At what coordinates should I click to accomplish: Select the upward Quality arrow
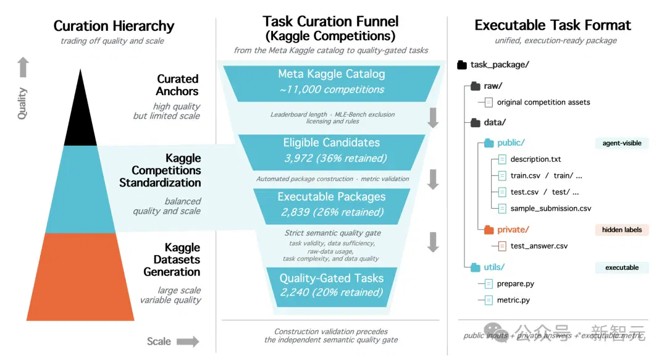coord(23,67)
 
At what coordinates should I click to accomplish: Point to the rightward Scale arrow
coord(188,341)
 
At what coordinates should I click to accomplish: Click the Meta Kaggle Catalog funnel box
coord(332,83)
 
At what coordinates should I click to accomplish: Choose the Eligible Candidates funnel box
coord(332,153)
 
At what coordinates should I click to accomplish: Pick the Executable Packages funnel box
coord(332,206)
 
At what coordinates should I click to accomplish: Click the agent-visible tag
coord(621,143)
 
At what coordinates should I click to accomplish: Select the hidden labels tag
coord(621,230)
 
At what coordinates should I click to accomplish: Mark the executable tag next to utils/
coord(621,267)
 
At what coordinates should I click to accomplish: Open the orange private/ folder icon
coord(489,230)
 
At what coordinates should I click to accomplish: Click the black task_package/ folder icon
coord(462,65)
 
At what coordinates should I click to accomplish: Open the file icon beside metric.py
coord(489,300)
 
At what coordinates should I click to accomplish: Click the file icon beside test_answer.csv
coord(502,246)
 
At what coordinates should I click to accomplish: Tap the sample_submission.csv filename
coord(551,209)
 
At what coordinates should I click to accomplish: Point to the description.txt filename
coord(535,159)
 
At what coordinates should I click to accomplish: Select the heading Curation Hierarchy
coord(114,26)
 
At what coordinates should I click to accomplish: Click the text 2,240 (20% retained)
coord(332,292)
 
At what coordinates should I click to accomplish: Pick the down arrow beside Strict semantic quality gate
coord(433,242)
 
